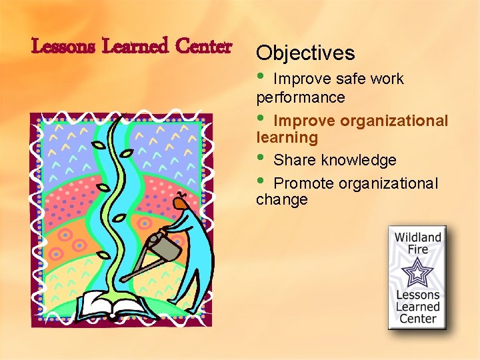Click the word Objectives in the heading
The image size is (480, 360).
coord(305,53)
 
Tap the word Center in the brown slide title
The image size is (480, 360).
coord(203,47)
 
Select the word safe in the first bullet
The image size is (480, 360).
coord(351,79)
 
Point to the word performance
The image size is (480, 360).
coord(301,97)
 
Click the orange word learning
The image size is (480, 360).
coord(287,138)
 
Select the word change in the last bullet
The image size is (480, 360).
coord(282,200)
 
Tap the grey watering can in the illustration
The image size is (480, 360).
coord(165,247)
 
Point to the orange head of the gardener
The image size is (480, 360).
coord(179,199)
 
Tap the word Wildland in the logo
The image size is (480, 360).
coord(418,237)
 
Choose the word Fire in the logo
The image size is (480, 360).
coord(418,249)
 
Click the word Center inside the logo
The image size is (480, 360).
coord(418,319)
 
